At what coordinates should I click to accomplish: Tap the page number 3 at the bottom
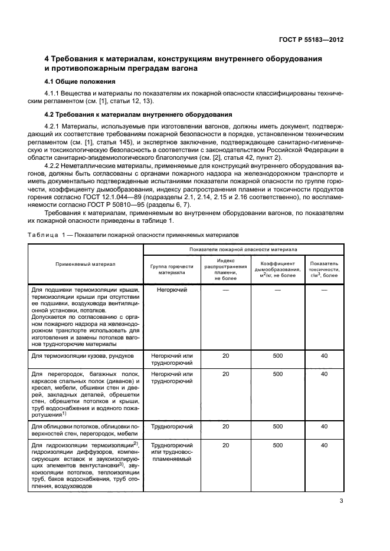pyautogui.click(x=341, y=501)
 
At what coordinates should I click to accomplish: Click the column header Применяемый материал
pyautogui.click(x=86, y=264)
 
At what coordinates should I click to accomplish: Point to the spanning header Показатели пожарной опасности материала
pyautogui.click(x=243, y=250)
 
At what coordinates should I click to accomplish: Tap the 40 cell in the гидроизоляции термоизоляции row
pyautogui.click(x=324, y=446)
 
